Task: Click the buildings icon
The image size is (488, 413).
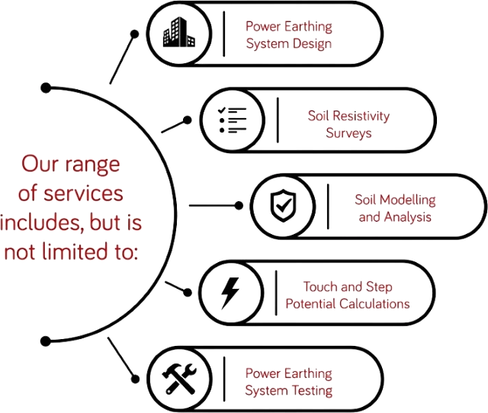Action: (x=179, y=32)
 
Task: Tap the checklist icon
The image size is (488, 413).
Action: (x=232, y=120)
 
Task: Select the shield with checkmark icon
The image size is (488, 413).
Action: (x=283, y=206)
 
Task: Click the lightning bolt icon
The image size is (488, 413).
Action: (x=230, y=293)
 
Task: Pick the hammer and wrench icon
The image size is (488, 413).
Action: (x=179, y=379)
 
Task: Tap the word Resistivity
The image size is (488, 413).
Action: (x=361, y=116)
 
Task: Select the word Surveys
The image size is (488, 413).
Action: (x=348, y=133)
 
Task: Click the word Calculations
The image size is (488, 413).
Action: (x=374, y=303)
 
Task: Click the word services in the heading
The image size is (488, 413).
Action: (x=83, y=193)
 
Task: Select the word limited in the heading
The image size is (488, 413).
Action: (x=75, y=251)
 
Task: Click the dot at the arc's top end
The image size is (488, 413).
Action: (x=46, y=88)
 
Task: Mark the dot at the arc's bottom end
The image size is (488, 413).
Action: (x=46, y=341)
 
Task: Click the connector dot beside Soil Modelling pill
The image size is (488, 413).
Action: (x=239, y=206)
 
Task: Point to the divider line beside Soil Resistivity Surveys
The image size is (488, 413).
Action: (x=278, y=120)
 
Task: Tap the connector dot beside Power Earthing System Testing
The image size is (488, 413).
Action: (x=135, y=379)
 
